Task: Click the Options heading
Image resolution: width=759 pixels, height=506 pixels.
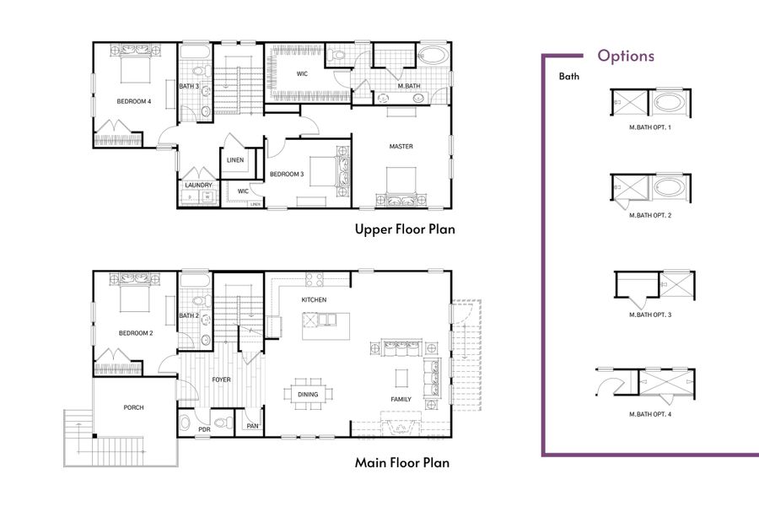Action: pyautogui.click(x=626, y=57)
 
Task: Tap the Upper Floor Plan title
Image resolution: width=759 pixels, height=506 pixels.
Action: pyautogui.click(x=405, y=229)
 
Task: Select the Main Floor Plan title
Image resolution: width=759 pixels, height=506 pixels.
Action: pyautogui.click(x=401, y=462)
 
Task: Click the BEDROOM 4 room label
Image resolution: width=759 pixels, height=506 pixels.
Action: pyautogui.click(x=134, y=102)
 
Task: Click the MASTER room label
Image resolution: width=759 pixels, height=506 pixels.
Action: pyautogui.click(x=401, y=147)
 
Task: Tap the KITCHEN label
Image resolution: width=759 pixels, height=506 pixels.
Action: pyautogui.click(x=314, y=300)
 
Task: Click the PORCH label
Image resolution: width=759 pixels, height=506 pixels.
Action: pyautogui.click(x=133, y=407)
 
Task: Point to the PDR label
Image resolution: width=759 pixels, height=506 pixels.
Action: pyautogui.click(x=204, y=429)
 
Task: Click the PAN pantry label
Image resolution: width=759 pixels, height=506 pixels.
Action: pyautogui.click(x=251, y=427)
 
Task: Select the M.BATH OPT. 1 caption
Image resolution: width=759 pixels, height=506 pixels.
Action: pyautogui.click(x=650, y=126)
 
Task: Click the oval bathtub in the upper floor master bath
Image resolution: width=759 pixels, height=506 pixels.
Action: pyautogui.click(x=433, y=57)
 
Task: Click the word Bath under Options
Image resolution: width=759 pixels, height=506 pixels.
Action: pyautogui.click(x=569, y=77)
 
